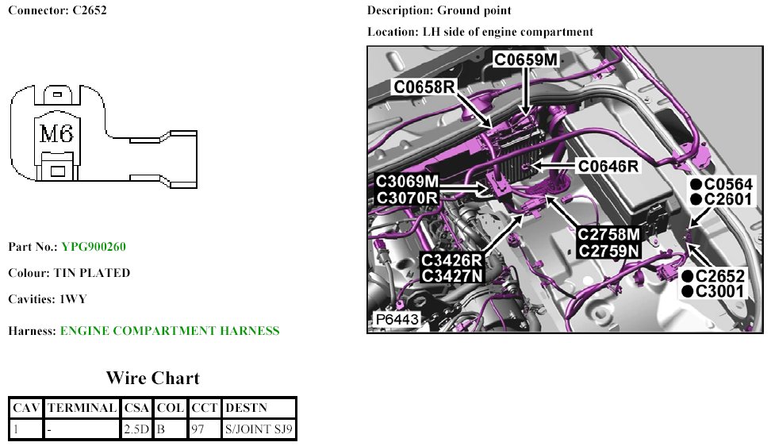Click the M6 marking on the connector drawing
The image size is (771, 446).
point(56,134)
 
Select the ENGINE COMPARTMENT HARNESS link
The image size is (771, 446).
point(170,331)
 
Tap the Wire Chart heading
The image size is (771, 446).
point(152,379)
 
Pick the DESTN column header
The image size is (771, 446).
point(247,408)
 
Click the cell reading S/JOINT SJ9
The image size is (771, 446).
point(258,429)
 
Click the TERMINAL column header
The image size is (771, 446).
point(82,408)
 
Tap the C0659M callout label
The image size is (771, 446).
point(526,59)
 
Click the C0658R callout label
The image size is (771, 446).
point(424,87)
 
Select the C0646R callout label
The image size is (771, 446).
point(608,166)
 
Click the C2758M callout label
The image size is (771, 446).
point(608,235)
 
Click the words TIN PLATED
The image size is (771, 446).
point(91,273)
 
